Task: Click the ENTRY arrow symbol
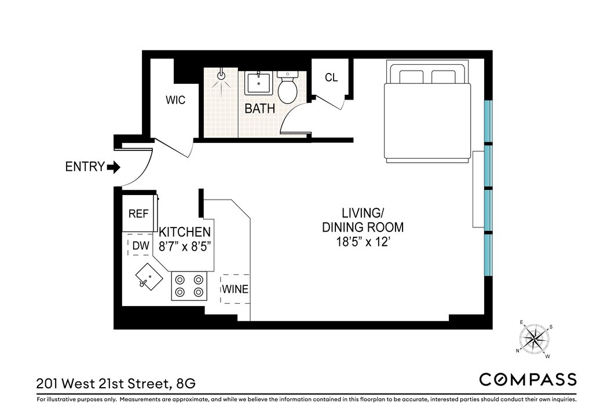tap(114, 167)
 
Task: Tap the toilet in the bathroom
tap(287, 87)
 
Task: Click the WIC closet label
tap(175, 100)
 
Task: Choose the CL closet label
tap(331, 78)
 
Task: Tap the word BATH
tap(260, 109)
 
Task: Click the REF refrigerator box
tap(139, 213)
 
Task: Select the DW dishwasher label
tap(141, 246)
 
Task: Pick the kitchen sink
tap(149, 277)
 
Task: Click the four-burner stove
tap(189, 286)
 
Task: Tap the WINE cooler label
tap(235, 289)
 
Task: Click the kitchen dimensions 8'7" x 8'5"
tap(185, 247)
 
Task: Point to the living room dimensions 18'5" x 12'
tap(363, 242)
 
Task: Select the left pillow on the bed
tap(411, 77)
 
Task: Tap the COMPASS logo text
tap(528, 379)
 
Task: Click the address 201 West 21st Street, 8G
tap(116, 384)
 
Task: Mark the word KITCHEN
tap(185, 232)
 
